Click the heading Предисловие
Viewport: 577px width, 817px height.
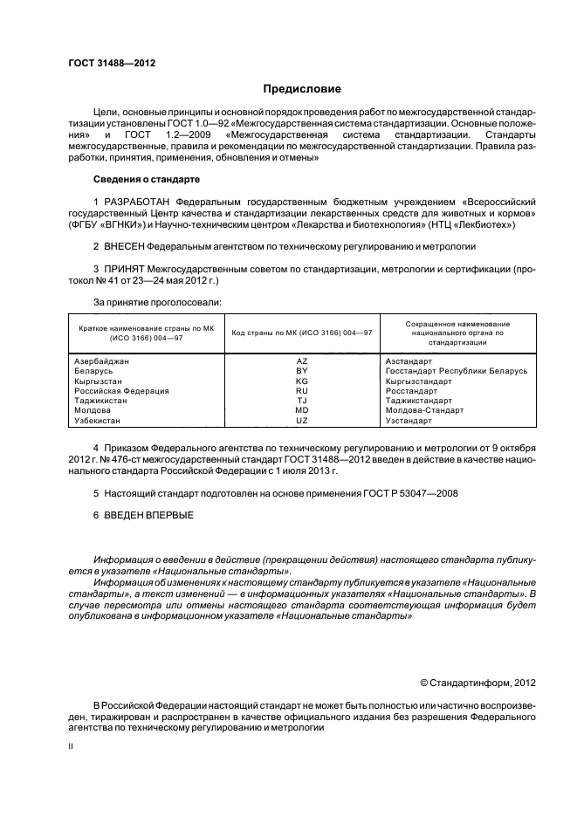pos(302,89)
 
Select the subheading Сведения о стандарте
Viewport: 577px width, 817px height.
pos(147,179)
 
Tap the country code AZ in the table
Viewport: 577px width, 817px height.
pos(302,360)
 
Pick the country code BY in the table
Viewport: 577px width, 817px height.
pos(302,371)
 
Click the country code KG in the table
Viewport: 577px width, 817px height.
pos(302,381)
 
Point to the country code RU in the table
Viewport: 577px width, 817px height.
pos(302,391)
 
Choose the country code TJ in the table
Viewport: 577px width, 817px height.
pos(302,401)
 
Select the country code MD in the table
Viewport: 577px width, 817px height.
pos(302,410)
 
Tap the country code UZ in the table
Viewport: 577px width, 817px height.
pos(302,421)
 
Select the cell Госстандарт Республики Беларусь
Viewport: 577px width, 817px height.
pos(456,371)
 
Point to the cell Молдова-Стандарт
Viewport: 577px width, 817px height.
pos(424,410)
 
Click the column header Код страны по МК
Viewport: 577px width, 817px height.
pos(302,333)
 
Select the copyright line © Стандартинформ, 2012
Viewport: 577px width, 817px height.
pos(477,683)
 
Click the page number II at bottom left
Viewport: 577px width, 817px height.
pos(71,747)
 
